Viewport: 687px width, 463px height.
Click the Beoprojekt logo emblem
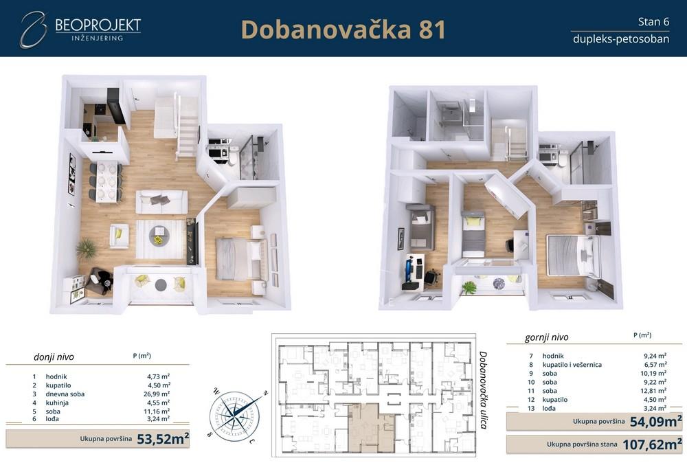[32, 30]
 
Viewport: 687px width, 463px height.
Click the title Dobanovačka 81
[343, 30]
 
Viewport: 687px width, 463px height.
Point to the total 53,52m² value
[162, 439]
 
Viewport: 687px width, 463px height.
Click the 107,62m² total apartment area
[652, 444]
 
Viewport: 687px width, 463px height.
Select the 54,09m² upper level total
[655, 421]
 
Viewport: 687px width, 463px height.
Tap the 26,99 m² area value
[157, 394]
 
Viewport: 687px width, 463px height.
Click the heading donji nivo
[54, 357]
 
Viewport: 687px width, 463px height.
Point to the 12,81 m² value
[653, 390]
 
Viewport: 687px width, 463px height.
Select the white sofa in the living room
[161, 202]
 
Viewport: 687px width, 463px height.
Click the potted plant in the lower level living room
[87, 247]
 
